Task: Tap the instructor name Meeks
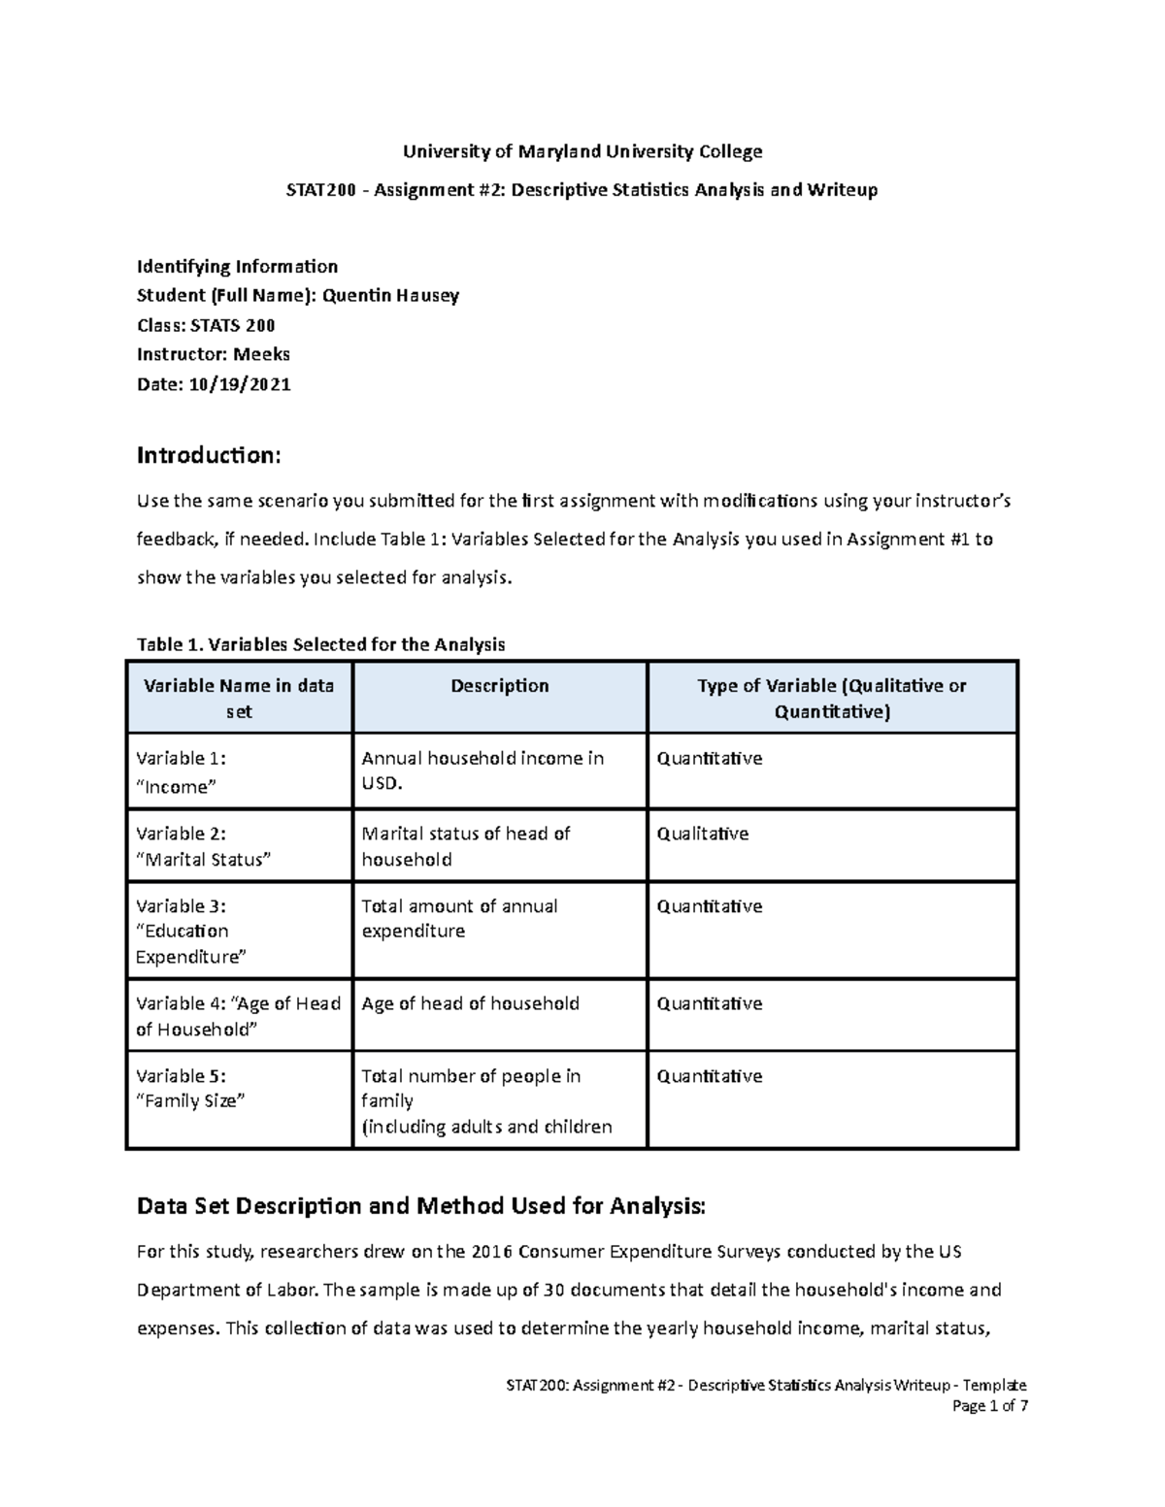[x=262, y=354]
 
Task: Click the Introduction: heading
[x=209, y=455]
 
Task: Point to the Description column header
[x=500, y=686]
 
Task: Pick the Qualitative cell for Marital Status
[x=703, y=834]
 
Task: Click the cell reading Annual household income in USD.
[x=483, y=770]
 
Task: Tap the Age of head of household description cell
[x=470, y=1003]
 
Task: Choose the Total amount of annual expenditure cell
[x=459, y=918]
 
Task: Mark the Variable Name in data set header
[x=239, y=698]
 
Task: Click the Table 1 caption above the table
[x=321, y=644]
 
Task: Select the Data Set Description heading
[x=422, y=1206]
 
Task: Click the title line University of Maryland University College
[x=582, y=151]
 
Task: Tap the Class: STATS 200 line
[x=206, y=325]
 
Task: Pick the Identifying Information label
[x=237, y=267]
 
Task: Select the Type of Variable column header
[x=832, y=698]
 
